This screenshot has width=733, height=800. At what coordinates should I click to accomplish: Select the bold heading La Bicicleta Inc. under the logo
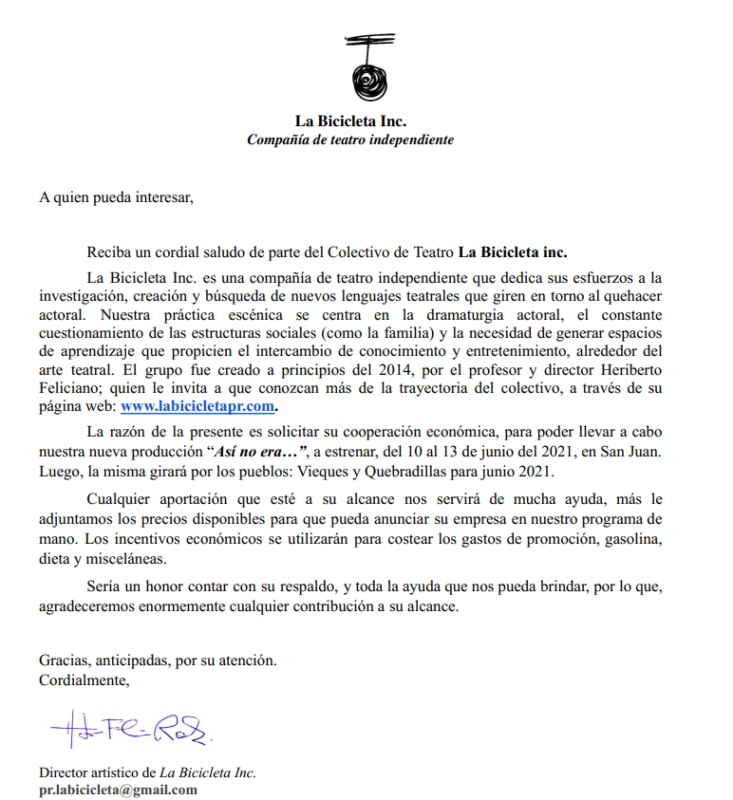pos(350,121)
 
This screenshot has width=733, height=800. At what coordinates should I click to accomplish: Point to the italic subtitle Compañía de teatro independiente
pos(350,140)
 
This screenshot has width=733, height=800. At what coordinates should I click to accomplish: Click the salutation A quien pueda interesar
pos(115,197)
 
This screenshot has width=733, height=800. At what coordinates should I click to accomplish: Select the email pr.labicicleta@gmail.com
pos(118,790)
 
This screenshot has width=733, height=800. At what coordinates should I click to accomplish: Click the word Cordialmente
pos(84,680)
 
